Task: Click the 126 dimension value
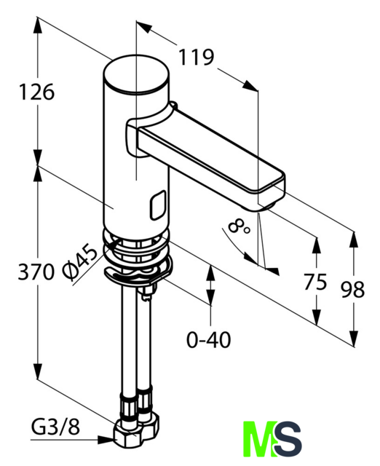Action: [x=37, y=92]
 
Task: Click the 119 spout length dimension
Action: [x=196, y=57]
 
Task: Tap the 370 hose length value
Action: [x=36, y=272]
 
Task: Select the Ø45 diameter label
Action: [x=79, y=261]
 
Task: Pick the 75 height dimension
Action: [x=315, y=282]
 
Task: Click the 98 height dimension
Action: [x=353, y=290]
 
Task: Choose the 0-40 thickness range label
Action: [x=209, y=340]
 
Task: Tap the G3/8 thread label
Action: [x=55, y=427]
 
